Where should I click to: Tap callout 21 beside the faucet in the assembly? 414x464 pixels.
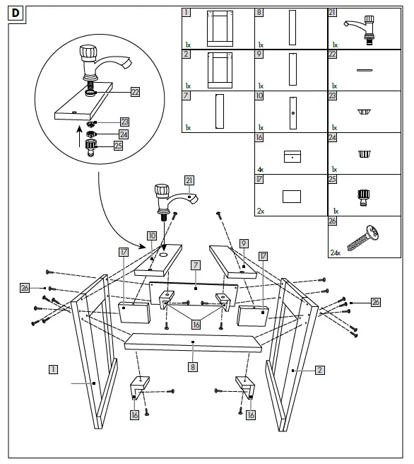point(189,180)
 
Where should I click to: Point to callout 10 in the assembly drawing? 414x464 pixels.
point(152,235)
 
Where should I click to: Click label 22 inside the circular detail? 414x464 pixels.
point(135,91)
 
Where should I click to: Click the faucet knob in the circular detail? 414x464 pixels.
point(90,54)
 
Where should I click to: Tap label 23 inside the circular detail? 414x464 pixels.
point(124,122)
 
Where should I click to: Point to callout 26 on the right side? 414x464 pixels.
point(375,302)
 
